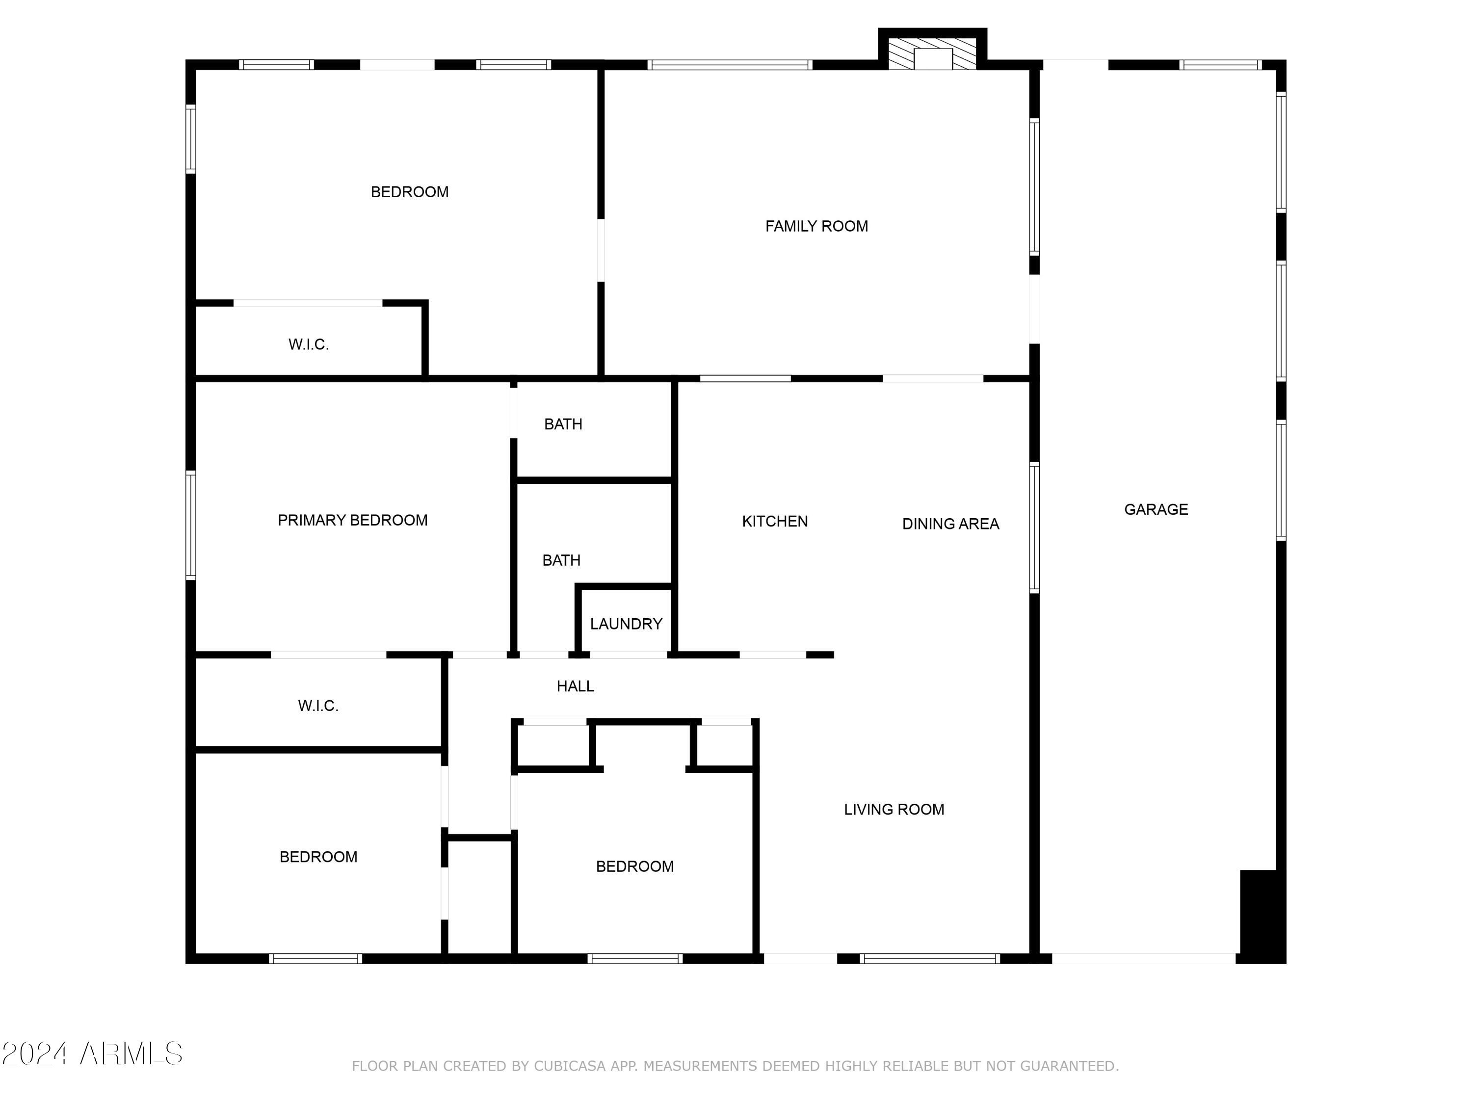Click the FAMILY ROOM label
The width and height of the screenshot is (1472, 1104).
pos(816,226)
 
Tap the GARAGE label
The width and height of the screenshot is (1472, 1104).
pos(1156,510)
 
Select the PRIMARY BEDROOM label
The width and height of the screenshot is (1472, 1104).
pos(353,521)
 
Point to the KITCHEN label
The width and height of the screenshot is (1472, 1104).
pos(775,522)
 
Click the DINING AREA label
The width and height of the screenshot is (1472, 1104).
pos(950,525)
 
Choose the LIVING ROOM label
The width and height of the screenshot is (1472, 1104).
pos(894,810)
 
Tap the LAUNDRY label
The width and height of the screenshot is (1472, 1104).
pos(626,624)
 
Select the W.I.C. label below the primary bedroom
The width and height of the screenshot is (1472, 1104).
pos(318,706)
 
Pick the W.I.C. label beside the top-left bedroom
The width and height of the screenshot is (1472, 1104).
pos(308,345)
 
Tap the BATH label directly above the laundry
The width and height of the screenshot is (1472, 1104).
pos(561,561)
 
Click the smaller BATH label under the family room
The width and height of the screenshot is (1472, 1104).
pos(563,424)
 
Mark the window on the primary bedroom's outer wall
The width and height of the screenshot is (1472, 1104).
pos(191,525)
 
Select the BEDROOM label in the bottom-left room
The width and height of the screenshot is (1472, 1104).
pos(318,857)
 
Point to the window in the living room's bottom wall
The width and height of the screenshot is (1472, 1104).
pos(930,959)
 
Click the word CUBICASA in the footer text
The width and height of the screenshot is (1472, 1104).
pos(570,1066)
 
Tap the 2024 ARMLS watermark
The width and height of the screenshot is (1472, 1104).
pos(93,1054)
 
